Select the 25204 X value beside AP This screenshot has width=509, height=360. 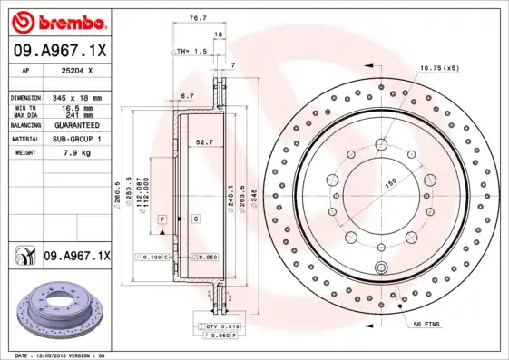click(x=74, y=69)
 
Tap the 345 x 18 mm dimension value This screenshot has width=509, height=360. click(x=73, y=96)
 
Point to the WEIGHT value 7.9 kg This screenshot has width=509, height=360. click(x=73, y=153)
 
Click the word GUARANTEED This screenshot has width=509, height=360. click(x=73, y=125)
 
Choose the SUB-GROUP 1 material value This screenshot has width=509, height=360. click(x=73, y=140)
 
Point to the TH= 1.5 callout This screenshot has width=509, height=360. click(x=191, y=52)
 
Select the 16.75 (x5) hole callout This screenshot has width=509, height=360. click(x=439, y=68)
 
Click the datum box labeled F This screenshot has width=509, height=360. click(x=162, y=219)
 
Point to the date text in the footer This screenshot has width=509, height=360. click(x=61, y=355)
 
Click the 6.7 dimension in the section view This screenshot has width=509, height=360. click(x=187, y=95)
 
